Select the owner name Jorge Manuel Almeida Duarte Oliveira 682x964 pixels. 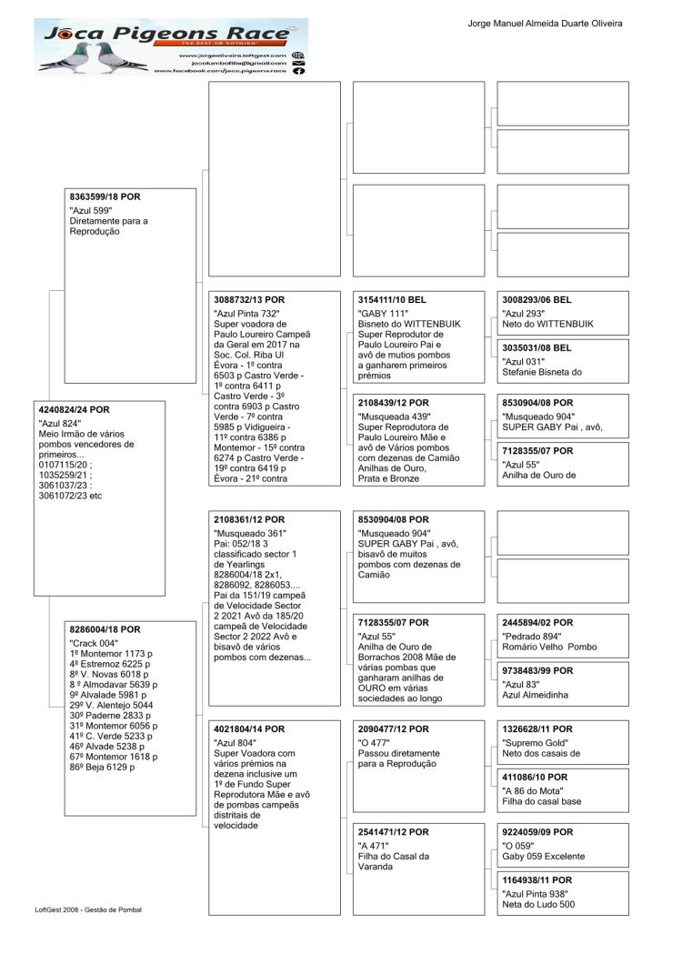click(x=545, y=24)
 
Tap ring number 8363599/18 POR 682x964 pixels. click(x=105, y=196)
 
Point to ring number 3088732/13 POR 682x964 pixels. click(x=249, y=299)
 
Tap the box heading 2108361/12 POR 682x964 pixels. click(x=248, y=518)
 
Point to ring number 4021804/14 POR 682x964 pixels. click(x=248, y=729)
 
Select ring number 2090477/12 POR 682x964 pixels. click(x=393, y=729)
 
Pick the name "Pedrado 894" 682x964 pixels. click(x=532, y=637)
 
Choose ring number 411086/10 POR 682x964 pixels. click(x=535, y=778)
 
